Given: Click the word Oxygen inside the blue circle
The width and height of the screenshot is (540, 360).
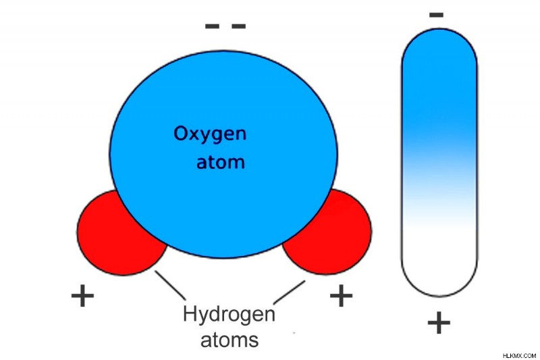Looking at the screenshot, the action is click(210, 134).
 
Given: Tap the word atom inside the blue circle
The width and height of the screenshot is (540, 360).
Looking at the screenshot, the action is click(221, 161).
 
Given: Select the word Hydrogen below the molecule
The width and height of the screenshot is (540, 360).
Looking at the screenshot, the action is click(229, 314).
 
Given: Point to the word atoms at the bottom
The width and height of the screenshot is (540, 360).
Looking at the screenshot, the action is click(230, 340).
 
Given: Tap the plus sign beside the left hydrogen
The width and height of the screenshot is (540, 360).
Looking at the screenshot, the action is click(82, 295).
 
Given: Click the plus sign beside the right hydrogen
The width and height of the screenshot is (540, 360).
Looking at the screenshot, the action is click(341, 295).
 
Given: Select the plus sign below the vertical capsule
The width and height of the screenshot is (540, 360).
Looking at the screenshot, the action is click(439, 323).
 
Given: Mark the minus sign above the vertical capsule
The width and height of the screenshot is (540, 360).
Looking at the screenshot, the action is click(436, 15).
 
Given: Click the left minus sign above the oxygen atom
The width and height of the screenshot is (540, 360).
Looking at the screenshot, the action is click(212, 26).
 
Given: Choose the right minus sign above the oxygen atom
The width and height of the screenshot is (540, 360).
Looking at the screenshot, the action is click(239, 26).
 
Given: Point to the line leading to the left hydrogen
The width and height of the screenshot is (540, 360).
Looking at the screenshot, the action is click(170, 285).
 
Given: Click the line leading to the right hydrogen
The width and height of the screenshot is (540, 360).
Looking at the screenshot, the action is click(290, 292).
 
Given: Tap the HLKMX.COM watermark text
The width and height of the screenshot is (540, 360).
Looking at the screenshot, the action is click(519, 355).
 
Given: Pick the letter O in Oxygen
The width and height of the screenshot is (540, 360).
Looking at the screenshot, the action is click(181, 133).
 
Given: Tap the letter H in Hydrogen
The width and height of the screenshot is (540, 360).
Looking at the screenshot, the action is click(190, 313).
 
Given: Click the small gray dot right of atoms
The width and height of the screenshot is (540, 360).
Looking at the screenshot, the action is click(294, 333).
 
